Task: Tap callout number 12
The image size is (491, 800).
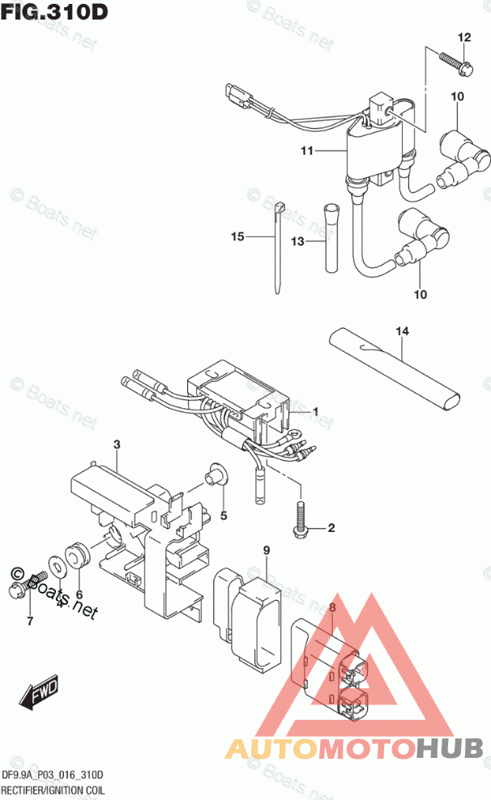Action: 463,38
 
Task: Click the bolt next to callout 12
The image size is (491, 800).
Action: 456,62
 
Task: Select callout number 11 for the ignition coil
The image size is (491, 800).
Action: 305,151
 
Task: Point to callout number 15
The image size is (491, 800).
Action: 237,236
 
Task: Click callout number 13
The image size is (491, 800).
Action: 297,241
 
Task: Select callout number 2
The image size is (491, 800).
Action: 331,529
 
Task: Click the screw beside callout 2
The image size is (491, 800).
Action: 298,520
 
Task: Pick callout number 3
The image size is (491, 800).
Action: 117,445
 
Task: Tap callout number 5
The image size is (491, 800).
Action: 223,516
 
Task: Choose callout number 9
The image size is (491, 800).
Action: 265,551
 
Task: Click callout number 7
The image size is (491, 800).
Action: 29,622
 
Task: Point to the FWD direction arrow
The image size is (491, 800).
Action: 38,690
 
